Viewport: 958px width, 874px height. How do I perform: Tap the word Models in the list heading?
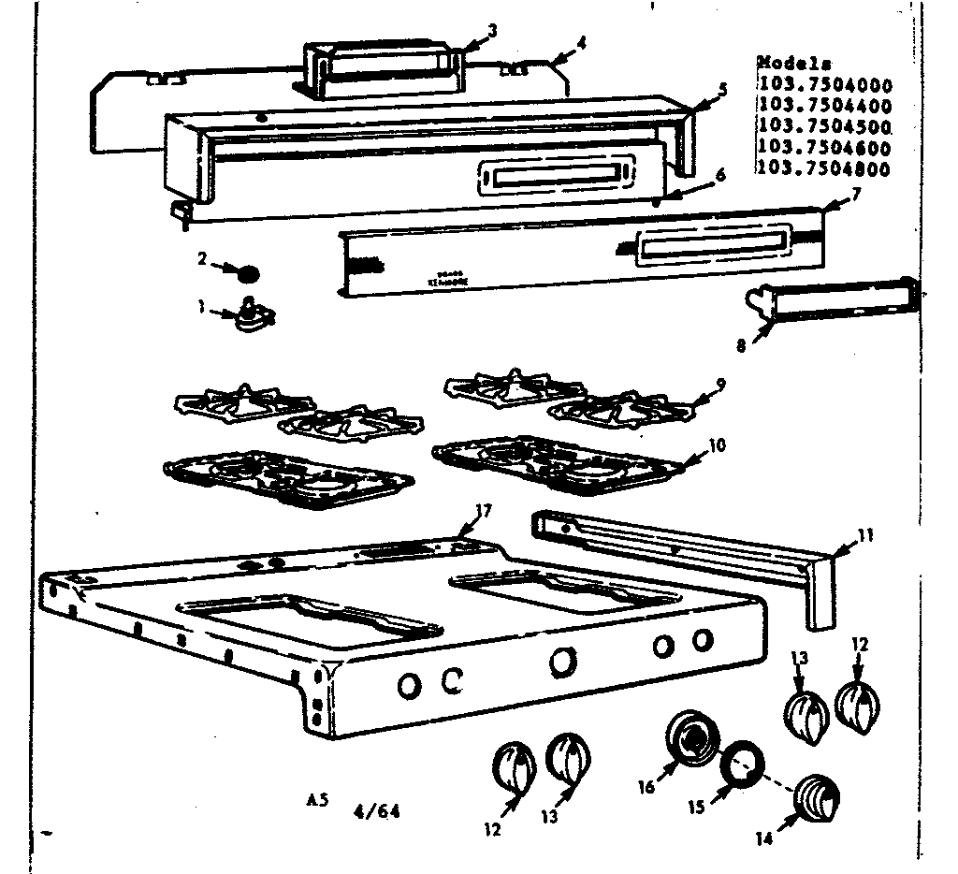tap(793, 64)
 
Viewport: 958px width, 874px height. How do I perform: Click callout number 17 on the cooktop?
tap(483, 511)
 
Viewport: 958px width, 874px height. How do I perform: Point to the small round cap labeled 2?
tap(247, 274)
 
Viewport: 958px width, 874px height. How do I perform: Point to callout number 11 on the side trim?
tap(866, 536)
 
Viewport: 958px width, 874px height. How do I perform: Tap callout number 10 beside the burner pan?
tap(718, 444)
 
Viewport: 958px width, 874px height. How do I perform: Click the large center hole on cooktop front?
tap(562, 661)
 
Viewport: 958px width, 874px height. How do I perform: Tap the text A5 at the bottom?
tap(318, 801)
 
